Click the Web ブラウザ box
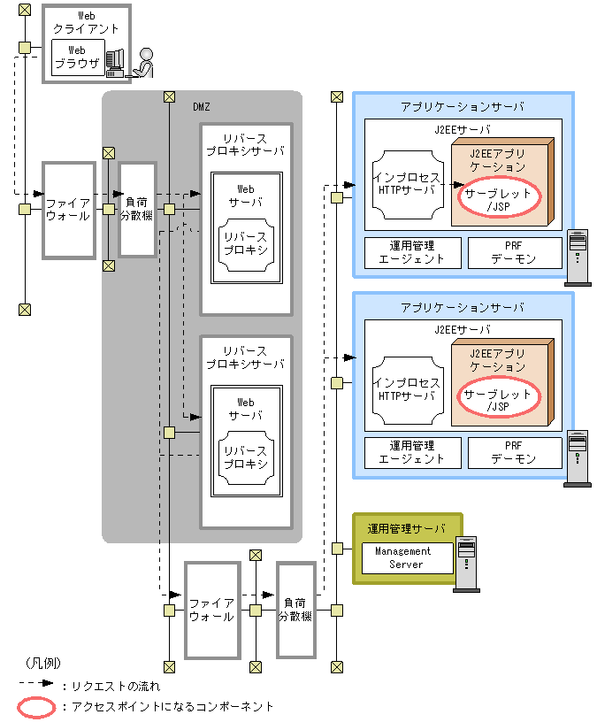(77, 58)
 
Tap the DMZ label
(202, 106)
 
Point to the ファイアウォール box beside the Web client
(69, 209)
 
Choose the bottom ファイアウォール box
(212, 609)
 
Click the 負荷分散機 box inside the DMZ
(137, 209)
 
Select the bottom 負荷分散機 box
(296, 609)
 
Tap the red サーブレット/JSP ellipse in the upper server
(498, 199)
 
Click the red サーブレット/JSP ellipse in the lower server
(498, 400)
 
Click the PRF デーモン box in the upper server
(514, 252)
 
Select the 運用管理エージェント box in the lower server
(412, 452)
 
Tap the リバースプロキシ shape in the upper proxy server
(245, 243)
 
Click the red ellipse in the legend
(37, 707)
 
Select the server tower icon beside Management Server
(465, 565)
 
